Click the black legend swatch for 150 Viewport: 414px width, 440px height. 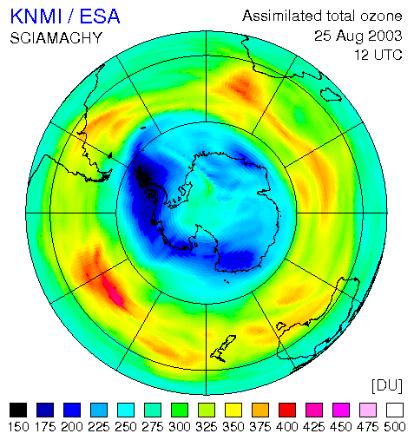coord(18,410)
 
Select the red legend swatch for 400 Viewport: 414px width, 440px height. coord(287,410)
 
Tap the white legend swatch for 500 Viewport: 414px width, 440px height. coord(395,410)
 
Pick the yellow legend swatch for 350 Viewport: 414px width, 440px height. coord(233,410)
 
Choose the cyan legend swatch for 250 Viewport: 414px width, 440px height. coord(126,410)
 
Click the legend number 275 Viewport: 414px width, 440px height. coord(153,427)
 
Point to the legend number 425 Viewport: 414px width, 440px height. coord(314,427)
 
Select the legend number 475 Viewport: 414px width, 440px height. coord(368,427)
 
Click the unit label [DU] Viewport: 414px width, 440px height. coord(387,385)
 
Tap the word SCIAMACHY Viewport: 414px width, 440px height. coord(56,38)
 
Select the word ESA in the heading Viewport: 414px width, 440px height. coord(100,16)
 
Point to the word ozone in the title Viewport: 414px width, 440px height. coord(381,16)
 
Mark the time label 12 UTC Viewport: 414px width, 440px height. coord(378,55)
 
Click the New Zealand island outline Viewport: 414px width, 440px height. coord(223,349)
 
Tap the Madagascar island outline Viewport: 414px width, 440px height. coord(331,95)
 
